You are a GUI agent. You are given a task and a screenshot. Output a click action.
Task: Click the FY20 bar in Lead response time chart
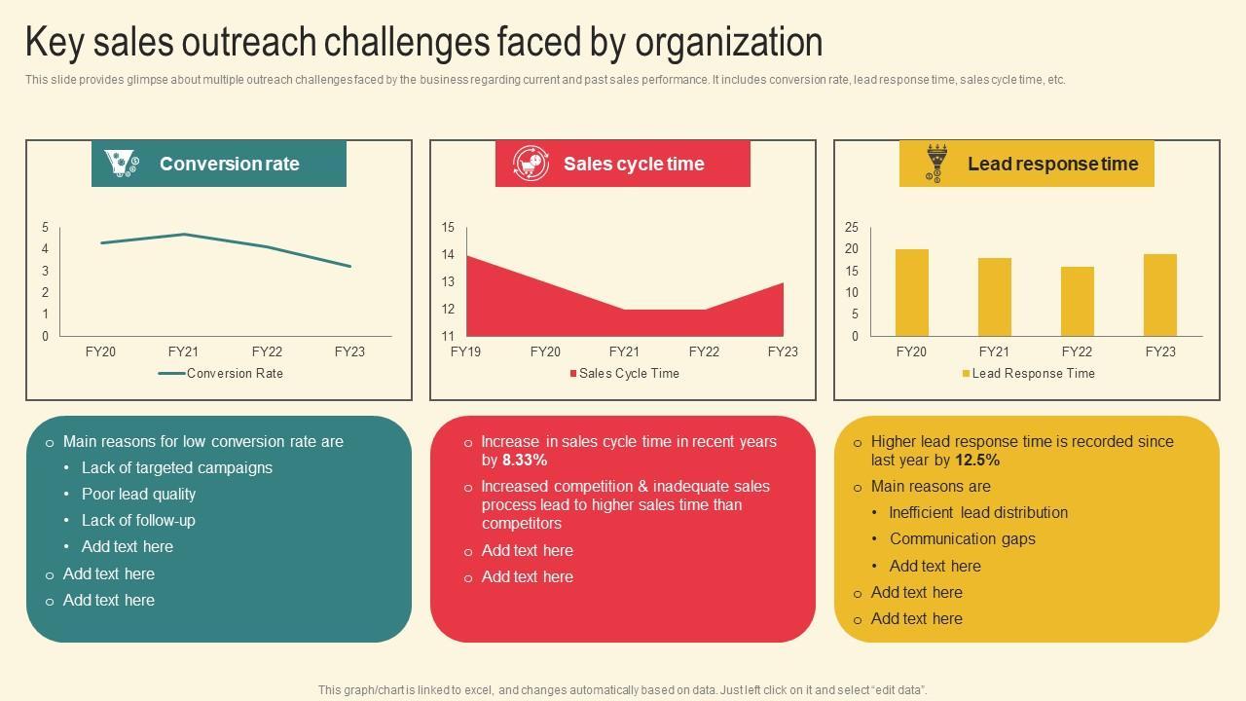pyautogui.click(x=911, y=292)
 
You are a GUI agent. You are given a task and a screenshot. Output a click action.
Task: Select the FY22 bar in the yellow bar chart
pyautogui.click(x=1077, y=301)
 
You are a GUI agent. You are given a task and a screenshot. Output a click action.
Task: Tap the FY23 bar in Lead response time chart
pyautogui.click(x=1159, y=295)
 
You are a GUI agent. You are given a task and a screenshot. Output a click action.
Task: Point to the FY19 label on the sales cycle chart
pyautogui.click(x=466, y=351)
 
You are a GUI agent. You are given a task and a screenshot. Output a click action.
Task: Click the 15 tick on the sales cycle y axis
pyautogui.click(x=448, y=227)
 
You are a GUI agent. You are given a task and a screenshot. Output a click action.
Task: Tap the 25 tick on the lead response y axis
pyautogui.click(x=852, y=227)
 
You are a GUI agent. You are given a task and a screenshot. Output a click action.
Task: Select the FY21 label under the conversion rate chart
pyautogui.click(x=183, y=351)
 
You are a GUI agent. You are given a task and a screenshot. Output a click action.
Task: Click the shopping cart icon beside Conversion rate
pyautogui.click(x=122, y=164)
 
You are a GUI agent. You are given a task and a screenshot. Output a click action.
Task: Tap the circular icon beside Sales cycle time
pyautogui.click(x=530, y=164)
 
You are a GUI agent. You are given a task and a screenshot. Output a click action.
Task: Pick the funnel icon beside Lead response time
pyautogui.click(x=935, y=163)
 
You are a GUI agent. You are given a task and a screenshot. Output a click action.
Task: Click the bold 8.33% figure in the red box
pyautogui.click(x=525, y=460)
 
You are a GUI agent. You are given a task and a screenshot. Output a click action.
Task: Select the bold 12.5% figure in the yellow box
pyautogui.click(x=977, y=460)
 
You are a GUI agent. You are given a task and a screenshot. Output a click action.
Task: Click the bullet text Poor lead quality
pyautogui.click(x=138, y=494)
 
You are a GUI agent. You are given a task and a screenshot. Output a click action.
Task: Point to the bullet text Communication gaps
pyautogui.click(x=962, y=538)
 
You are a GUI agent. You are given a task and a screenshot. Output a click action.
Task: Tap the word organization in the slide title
pyautogui.click(x=729, y=42)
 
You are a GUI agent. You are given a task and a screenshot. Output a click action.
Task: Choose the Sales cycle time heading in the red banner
pyautogui.click(x=634, y=164)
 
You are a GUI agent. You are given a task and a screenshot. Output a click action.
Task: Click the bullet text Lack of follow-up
pyautogui.click(x=138, y=520)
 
